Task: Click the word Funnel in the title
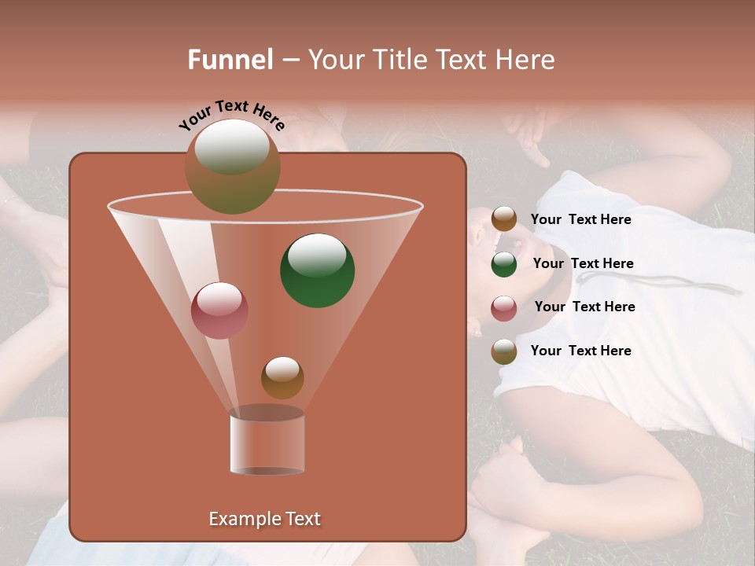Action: (x=230, y=60)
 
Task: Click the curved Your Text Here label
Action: (x=231, y=116)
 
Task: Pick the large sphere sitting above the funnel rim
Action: (x=233, y=166)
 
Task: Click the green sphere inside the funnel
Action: (x=318, y=270)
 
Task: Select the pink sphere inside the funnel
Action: (x=219, y=311)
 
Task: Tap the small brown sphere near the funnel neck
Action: (x=282, y=377)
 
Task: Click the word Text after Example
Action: (x=304, y=519)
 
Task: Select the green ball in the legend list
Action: (x=504, y=264)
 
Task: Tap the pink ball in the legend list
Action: (x=504, y=308)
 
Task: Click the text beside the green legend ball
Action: (x=583, y=263)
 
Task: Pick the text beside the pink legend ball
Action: (x=584, y=307)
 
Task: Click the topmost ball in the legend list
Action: (x=504, y=219)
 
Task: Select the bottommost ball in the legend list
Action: (x=504, y=351)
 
